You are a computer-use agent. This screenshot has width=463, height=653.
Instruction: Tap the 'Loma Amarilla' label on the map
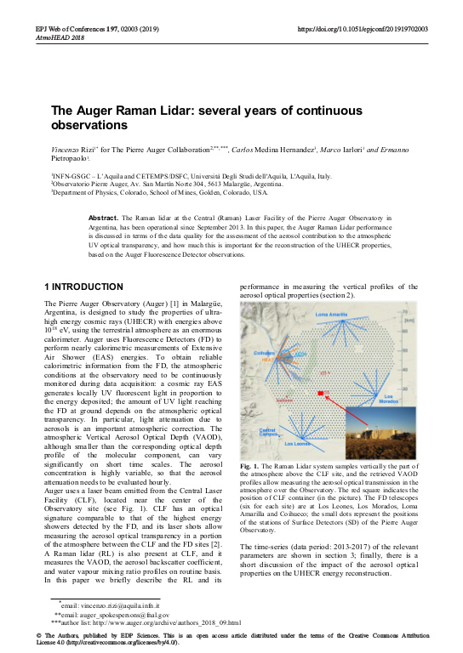coord(331,315)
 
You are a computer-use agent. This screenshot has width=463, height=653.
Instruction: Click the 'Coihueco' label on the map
coord(265,352)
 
